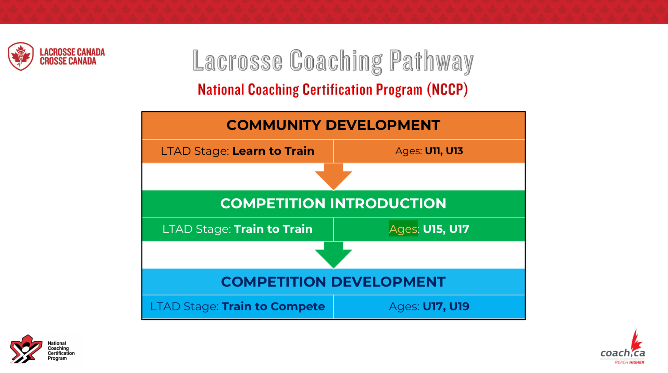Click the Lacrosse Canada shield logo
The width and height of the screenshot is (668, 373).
point(21,56)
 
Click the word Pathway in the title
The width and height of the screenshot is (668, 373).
point(431,61)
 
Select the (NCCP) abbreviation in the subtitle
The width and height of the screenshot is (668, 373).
point(447,90)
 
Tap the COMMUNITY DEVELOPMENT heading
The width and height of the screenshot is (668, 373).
point(333,125)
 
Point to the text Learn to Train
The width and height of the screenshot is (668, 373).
point(273,151)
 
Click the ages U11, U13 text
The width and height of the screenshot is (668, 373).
point(444,151)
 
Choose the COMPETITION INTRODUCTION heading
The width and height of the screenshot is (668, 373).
point(333,204)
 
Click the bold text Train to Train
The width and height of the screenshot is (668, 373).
point(273,229)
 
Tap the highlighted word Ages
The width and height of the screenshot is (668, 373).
point(403,229)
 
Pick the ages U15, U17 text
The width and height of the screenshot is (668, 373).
point(446,229)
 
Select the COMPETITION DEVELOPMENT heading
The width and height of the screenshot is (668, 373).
point(333,282)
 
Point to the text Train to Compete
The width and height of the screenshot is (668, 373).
point(273,306)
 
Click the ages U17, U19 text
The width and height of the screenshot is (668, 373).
point(446,306)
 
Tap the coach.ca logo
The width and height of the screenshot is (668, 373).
point(623,347)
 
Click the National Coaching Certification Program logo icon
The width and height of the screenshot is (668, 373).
point(26,349)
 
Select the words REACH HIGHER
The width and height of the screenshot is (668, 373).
point(629,362)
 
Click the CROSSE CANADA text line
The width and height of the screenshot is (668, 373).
point(68,61)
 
